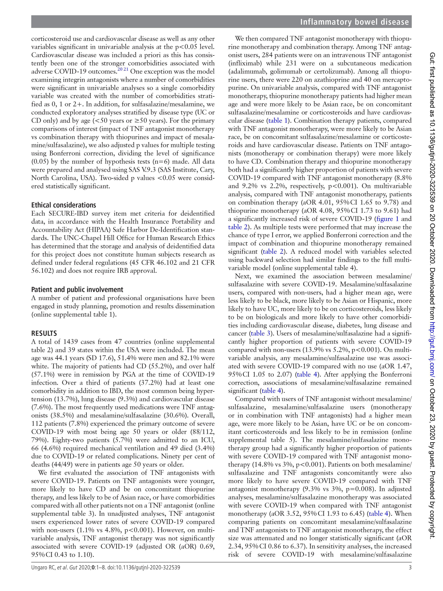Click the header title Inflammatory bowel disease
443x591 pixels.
point(354,22)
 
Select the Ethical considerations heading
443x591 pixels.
point(64,205)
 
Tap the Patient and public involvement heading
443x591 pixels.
point(77,290)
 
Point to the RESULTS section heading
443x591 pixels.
point(44,333)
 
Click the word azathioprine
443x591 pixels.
point(341,80)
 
